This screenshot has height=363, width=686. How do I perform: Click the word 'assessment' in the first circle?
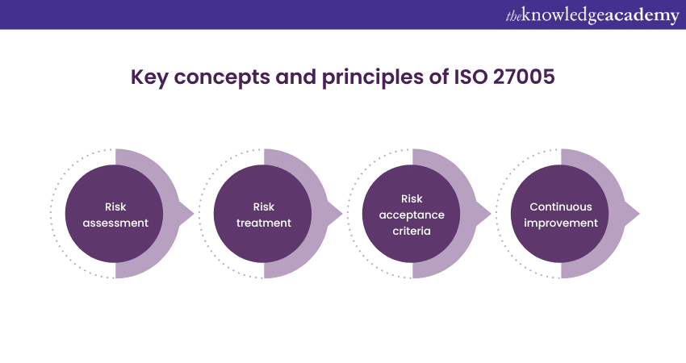point(115,223)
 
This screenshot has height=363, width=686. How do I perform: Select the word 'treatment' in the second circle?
point(264,223)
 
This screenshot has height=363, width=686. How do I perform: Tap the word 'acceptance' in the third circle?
point(412,215)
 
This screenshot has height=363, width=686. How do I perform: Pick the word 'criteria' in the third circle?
point(412,231)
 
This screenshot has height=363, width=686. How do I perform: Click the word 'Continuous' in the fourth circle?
point(561,207)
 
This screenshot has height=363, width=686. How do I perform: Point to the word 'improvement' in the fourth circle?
point(561,223)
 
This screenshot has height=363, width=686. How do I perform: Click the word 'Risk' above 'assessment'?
point(115,207)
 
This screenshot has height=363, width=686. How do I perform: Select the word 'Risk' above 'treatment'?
point(264,207)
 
